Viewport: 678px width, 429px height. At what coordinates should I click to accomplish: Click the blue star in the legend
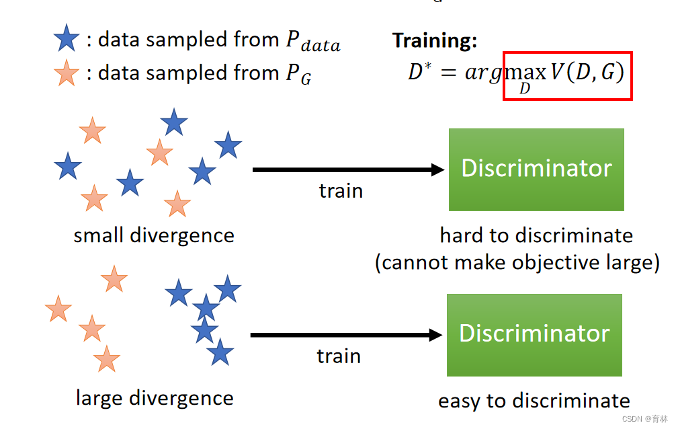tap(66, 39)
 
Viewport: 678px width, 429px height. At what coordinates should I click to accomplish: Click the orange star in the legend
tap(66, 73)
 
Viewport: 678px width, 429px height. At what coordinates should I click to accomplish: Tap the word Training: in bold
tap(435, 40)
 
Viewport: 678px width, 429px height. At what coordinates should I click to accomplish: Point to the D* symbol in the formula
tap(419, 72)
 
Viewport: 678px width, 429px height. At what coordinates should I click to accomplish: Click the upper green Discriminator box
tap(536, 169)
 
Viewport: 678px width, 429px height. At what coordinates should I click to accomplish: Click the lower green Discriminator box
tap(534, 334)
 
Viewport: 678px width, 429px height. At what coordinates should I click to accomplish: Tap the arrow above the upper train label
tap(348, 169)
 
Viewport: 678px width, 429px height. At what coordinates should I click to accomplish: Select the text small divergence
tap(154, 236)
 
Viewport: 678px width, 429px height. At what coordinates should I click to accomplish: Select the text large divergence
tap(155, 398)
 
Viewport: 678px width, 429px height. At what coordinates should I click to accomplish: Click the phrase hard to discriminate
tap(536, 235)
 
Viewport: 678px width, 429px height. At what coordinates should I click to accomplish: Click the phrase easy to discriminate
tap(534, 401)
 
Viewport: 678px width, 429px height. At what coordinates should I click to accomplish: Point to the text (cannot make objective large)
tap(517, 262)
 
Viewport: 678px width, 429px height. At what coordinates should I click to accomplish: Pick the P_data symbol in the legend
tap(312, 42)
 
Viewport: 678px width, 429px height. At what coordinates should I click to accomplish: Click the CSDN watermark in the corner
tap(644, 419)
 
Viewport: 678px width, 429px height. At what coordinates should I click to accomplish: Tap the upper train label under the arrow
tap(341, 191)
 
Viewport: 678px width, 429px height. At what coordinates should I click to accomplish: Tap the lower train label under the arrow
tap(339, 356)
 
